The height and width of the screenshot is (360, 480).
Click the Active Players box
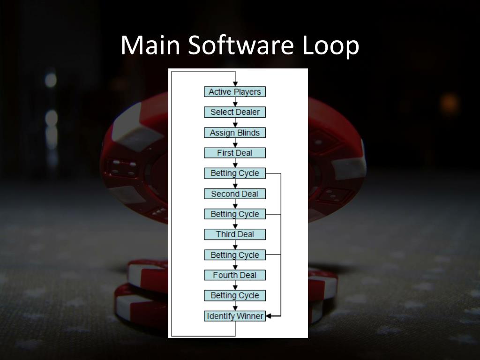click(235, 92)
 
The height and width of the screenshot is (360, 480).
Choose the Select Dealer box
click(235, 112)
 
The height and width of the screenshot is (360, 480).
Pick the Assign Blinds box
click(235, 133)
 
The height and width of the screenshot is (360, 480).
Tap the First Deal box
click(235, 153)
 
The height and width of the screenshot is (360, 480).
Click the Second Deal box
click(235, 194)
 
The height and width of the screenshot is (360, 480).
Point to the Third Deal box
click(235, 234)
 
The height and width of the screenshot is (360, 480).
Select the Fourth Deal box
click(235, 275)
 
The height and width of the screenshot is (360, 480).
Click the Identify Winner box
click(235, 316)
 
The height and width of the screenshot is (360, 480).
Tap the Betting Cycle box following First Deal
click(235, 173)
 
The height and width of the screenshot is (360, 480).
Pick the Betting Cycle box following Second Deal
click(235, 214)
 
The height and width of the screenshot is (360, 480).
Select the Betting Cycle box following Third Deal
click(235, 255)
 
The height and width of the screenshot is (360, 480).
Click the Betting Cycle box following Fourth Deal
click(235, 295)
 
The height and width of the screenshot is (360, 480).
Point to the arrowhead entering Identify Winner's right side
click(270, 316)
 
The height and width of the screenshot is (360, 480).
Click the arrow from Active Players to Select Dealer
click(235, 102)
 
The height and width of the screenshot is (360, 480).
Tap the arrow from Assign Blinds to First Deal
click(235, 143)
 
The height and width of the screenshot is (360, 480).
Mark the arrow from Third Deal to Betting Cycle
click(235, 245)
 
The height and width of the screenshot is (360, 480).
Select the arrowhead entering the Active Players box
click(235, 84)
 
